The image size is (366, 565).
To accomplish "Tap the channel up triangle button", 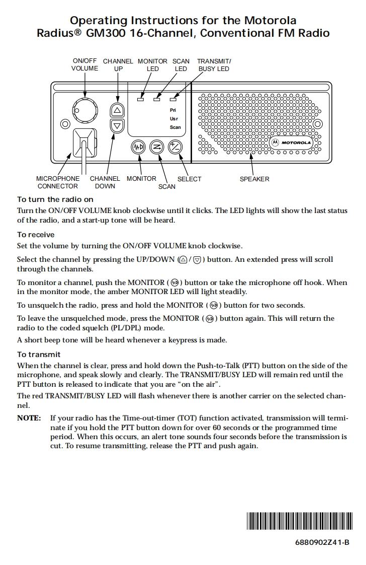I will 117,110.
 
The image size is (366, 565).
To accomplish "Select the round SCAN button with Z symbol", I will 157,147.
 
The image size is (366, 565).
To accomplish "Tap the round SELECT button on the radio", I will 175,147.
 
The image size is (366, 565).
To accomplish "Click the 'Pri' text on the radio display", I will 173,110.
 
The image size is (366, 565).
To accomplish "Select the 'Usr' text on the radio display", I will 174,119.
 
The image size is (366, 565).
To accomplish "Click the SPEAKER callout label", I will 254,179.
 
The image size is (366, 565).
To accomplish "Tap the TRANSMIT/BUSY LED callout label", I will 214,65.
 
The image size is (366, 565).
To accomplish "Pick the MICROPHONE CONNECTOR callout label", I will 58,182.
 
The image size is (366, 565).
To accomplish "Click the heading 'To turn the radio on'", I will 55,199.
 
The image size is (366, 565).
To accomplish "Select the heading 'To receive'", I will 36,235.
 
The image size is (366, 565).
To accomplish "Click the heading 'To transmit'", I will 39,355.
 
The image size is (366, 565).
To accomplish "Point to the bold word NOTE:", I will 29,418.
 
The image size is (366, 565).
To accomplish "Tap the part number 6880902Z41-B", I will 322,542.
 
